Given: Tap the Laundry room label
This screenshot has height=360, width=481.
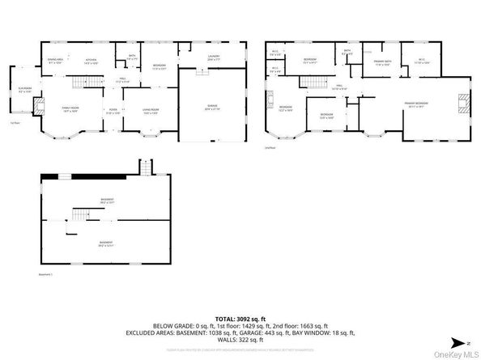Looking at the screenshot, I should click(x=214, y=58).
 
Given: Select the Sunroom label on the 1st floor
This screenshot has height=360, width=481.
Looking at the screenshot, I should click(x=24, y=91).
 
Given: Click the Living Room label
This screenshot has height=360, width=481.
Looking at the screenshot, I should click(x=149, y=112).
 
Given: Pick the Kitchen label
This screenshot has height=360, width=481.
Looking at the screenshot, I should click(x=92, y=61).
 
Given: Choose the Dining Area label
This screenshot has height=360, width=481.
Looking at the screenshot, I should click(x=55, y=61).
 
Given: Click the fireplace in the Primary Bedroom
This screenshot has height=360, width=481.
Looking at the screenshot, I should click(x=461, y=103).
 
